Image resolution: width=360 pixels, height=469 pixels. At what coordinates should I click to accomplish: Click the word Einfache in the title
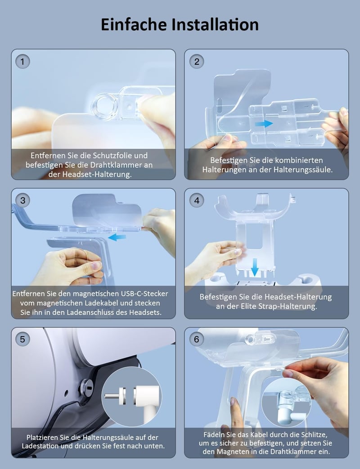(134, 25)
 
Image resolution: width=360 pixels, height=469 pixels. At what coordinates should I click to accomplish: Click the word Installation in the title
(215, 25)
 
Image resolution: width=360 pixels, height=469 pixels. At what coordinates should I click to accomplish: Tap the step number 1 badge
(23, 62)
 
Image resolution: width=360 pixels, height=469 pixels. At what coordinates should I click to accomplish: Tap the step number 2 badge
(197, 62)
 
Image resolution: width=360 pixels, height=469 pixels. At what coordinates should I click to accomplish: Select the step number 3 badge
(23, 200)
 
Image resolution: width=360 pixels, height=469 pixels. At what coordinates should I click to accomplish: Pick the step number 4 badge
(197, 200)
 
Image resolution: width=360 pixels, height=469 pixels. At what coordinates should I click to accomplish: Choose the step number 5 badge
(23, 339)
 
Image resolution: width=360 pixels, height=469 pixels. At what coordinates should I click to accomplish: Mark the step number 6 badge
(197, 339)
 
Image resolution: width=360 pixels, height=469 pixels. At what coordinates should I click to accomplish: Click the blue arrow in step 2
(263, 124)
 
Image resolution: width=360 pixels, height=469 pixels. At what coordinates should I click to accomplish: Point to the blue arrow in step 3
(117, 237)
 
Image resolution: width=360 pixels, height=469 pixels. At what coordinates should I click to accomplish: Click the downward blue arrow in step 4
(255, 268)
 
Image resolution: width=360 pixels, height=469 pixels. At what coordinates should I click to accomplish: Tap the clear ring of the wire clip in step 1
(103, 106)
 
